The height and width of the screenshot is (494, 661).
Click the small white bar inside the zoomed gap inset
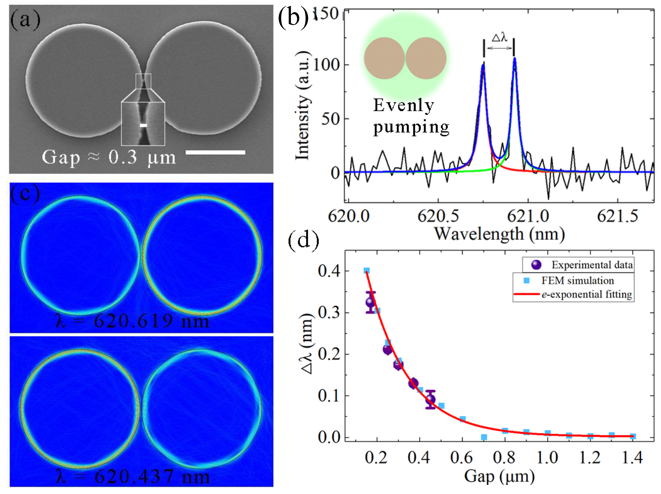(143, 125)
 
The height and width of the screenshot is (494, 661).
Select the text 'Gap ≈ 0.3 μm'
(109, 157)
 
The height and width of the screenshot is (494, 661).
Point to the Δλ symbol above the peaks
(499, 38)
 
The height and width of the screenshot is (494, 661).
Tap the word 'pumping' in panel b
(411, 127)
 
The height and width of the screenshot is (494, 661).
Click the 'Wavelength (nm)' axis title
(499, 234)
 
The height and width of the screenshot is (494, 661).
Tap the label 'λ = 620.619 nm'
(132, 322)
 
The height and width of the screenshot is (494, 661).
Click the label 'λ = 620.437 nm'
(132, 477)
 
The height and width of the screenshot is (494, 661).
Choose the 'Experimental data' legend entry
(592, 265)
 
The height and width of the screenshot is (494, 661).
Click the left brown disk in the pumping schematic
(384, 58)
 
